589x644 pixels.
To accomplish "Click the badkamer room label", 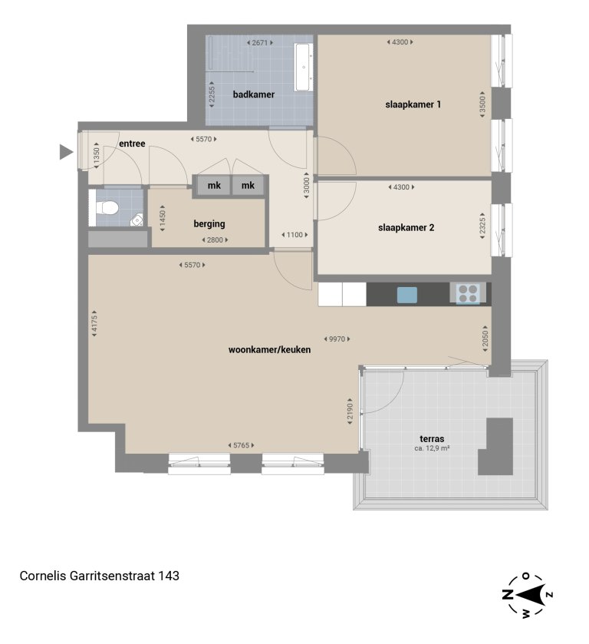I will tap(253, 95).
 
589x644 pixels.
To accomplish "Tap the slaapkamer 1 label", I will tap(413, 104).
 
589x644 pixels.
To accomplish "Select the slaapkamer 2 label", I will tap(406, 227).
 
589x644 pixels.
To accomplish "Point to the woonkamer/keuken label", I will tap(269, 350).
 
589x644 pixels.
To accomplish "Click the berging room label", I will tap(209, 224).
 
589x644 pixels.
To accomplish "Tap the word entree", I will tap(132, 144).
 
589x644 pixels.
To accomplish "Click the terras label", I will tap(431, 439).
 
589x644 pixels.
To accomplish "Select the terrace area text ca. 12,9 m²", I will tap(431, 448).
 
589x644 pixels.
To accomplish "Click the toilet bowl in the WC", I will tap(107, 207).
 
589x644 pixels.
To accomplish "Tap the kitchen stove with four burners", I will tap(469, 292).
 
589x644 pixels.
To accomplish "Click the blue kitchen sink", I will tap(406, 294).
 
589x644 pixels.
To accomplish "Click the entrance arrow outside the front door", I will tap(66, 153).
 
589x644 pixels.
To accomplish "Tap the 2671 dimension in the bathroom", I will tap(259, 43).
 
